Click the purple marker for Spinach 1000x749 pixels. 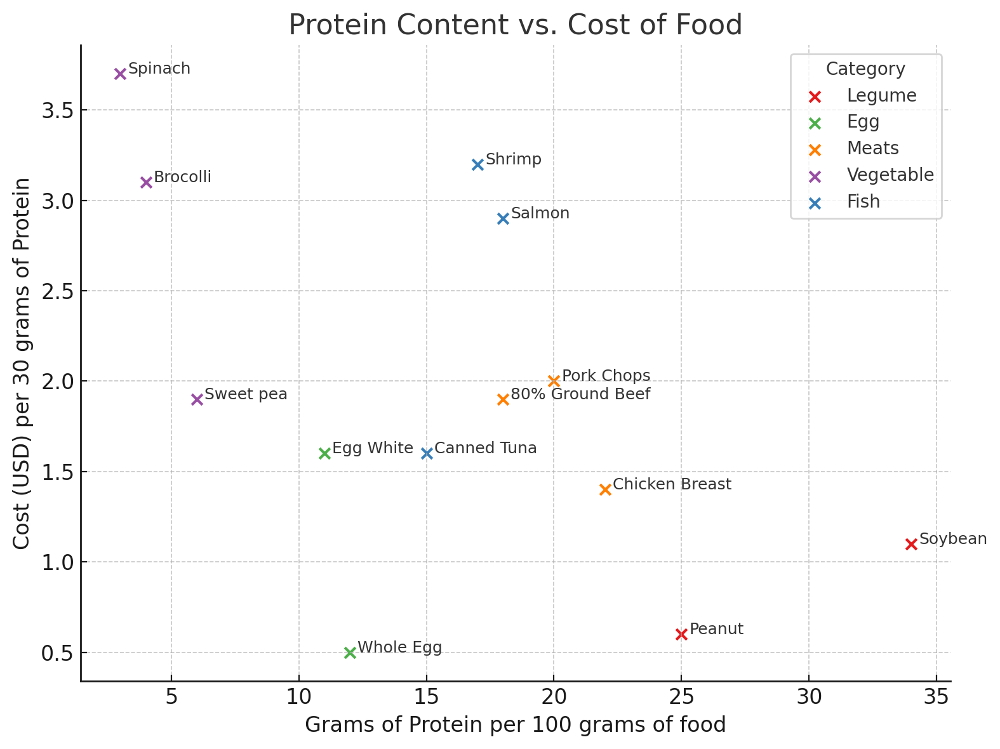click(x=120, y=74)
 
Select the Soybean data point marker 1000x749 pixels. click(x=911, y=544)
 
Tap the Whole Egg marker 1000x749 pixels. click(x=350, y=653)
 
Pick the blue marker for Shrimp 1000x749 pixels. click(x=477, y=164)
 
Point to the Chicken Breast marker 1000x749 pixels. click(x=605, y=489)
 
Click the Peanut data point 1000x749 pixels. click(x=681, y=634)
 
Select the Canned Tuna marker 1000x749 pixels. click(x=427, y=453)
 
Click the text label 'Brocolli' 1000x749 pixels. click(x=182, y=177)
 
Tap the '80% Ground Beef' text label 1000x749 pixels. click(x=580, y=394)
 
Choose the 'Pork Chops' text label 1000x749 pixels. click(x=606, y=376)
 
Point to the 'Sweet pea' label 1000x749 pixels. click(x=246, y=394)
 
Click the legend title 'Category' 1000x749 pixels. click(x=865, y=69)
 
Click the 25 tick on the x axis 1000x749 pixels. click(x=681, y=696)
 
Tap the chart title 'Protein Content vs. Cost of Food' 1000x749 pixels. click(x=515, y=25)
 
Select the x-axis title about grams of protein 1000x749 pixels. click(x=515, y=725)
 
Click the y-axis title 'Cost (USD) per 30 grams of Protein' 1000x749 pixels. click(x=22, y=363)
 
